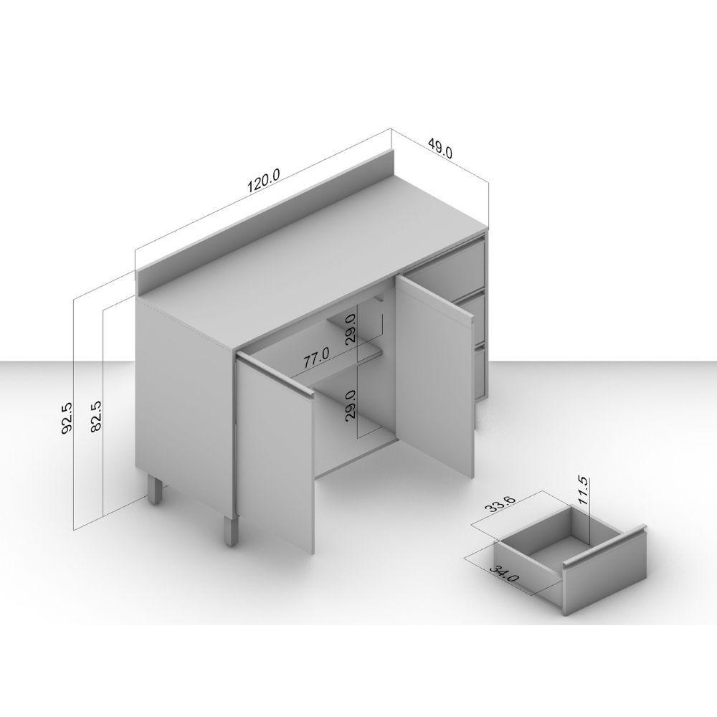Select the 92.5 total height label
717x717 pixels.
coord(67,417)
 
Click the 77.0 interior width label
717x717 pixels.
coord(316,358)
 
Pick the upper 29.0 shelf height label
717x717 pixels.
coord(351,330)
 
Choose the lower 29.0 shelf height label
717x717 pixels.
coord(351,406)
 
